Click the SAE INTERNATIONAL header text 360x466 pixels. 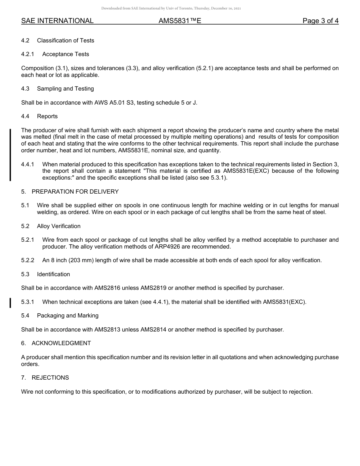point(57,21)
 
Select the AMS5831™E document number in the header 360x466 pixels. point(180,21)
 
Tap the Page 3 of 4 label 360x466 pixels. point(320,21)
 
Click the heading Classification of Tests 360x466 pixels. point(66,41)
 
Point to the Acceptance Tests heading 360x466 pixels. point(66,54)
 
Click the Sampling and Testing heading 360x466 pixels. point(65,89)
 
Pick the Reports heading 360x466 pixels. point(47,116)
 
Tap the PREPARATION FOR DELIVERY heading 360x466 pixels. point(75,192)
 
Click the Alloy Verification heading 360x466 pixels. point(59,226)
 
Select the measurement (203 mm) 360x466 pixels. point(81,260)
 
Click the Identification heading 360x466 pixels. point(53,274)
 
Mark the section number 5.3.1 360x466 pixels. point(28,302)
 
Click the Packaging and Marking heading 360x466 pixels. point(67,316)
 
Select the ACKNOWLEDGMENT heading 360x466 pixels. point(61,343)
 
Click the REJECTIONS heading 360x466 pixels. point(50,378)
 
